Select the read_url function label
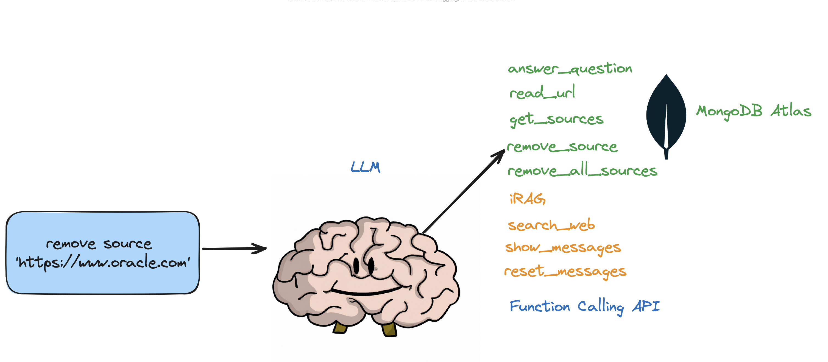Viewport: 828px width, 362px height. coord(542,93)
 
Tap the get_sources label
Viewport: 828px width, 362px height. coord(556,119)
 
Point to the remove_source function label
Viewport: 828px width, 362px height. coord(562,147)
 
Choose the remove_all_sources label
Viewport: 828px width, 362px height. coord(582,170)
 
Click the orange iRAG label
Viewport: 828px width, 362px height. coord(527,199)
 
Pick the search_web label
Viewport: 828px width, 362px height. coord(551,225)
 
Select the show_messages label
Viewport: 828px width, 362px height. coord(562,247)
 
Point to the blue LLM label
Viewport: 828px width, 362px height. coord(365,167)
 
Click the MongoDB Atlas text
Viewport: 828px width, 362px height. coord(753,111)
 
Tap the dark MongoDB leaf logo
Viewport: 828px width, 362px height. coord(666,116)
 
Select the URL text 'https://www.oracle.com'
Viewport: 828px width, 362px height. coord(103,262)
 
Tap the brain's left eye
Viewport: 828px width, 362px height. coord(356,266)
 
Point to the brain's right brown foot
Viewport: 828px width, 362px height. coord(389,329)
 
